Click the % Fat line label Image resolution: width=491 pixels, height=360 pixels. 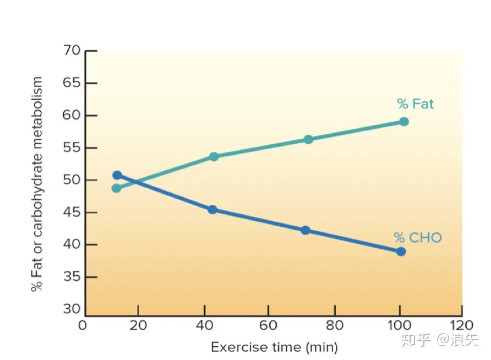[415, 103]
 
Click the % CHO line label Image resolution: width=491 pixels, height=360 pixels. [418, 238]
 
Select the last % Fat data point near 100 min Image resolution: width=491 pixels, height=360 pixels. [403, 122]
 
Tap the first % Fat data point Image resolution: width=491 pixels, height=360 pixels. [116, 188]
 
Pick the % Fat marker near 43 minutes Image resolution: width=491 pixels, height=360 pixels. [214, 157]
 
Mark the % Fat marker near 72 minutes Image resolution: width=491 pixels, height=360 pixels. [308, 139]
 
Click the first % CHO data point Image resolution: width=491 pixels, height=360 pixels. [117, 175]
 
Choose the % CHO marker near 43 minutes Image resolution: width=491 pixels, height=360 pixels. [212, 210]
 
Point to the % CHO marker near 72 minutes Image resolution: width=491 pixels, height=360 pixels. [305, 230]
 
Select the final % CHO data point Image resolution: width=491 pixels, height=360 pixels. [401, 252]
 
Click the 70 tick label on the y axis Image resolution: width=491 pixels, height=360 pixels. [72, 51]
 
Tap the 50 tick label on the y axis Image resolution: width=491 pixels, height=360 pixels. [72, 181]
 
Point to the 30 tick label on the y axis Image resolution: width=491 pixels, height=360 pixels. [72, 309]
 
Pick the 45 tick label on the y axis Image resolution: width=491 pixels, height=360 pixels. [72, 212]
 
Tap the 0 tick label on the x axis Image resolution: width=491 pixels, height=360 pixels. [83, 325]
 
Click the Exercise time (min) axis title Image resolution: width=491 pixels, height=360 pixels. [274, 347]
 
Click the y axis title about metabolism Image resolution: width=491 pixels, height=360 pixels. [37, 184]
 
